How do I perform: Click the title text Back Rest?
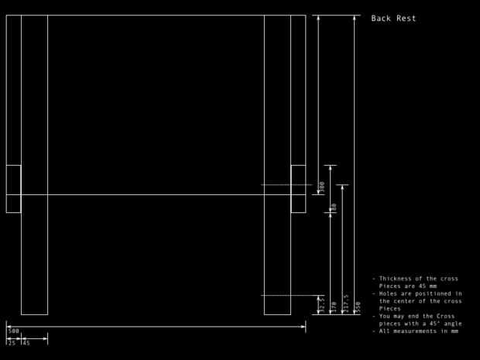[393, 19]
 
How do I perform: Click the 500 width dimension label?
[13, 331]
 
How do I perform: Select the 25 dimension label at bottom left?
[12, 342]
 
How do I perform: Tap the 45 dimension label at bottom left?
[26, 342]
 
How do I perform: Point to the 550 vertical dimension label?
[358, 307]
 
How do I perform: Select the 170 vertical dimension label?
[334, 307]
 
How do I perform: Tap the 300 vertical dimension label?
[322, 188]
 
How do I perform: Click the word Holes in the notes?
[389, 293]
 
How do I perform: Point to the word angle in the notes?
[451, 324]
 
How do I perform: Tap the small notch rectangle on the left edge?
[13, 189]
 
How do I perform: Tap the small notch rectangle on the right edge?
[298, 189]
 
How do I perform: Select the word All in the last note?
[385, 331]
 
